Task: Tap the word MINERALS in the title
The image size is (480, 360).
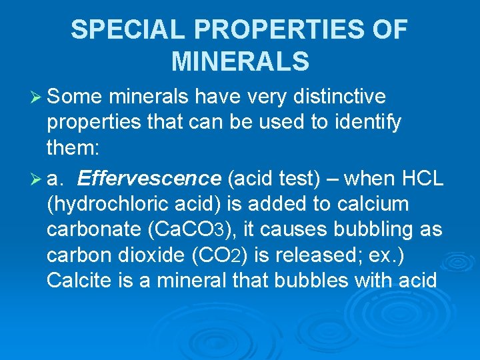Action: coord(240,61)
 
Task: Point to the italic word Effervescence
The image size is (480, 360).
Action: coord(149,179)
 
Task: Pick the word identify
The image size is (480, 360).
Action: coord(365,123)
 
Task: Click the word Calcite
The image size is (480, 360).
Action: coord(79,280)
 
